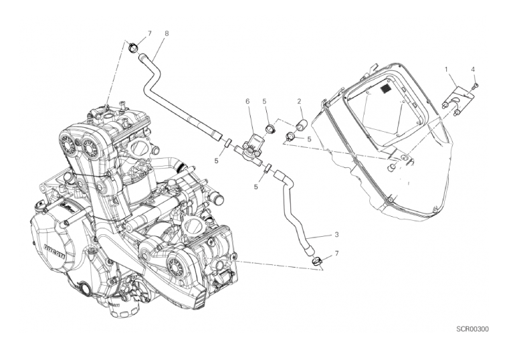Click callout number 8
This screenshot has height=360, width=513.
coord(167,33)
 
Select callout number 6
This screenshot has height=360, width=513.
coord(247,101)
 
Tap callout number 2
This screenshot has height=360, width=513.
coord(300,101)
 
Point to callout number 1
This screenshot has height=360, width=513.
coord(446,69)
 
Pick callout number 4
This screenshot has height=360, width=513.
coord(473,69)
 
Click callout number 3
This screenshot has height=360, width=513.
coord(336,236)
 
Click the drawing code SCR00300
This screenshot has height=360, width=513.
coord(473,329)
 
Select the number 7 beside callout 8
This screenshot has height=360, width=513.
coord(150,33)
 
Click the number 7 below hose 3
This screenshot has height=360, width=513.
coord(336,252)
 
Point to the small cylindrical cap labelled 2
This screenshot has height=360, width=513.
coord(301,124)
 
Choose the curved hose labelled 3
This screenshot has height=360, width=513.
coord(295,207)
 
